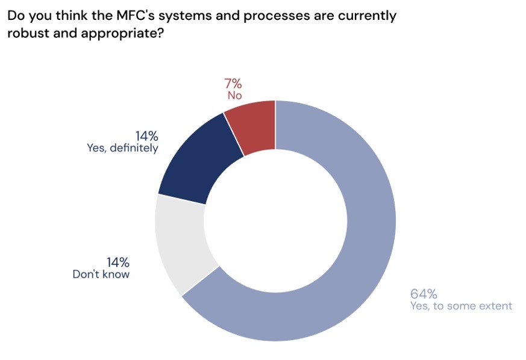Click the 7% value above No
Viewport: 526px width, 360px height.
(x=234, y=84)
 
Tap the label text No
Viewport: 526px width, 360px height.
(x=234, y=95)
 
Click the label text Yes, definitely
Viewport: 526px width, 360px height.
(x=122, y=148)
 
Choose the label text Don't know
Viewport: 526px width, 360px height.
(x=101, y=274)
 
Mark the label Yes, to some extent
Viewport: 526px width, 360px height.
(x=461, y=306)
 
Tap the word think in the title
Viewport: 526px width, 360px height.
(x=67, y=16)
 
